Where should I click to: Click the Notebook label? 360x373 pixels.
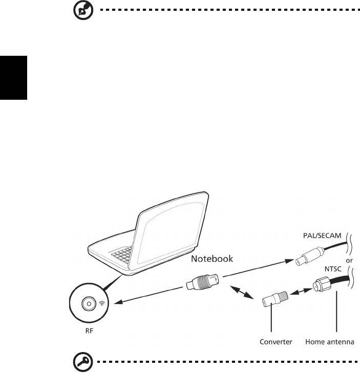[x=212, y=259]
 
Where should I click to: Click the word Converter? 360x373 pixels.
[x=276, y=342]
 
